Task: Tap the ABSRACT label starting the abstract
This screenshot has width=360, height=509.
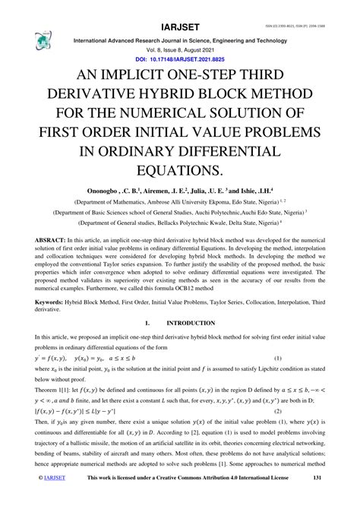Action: [x=50, y=239]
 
